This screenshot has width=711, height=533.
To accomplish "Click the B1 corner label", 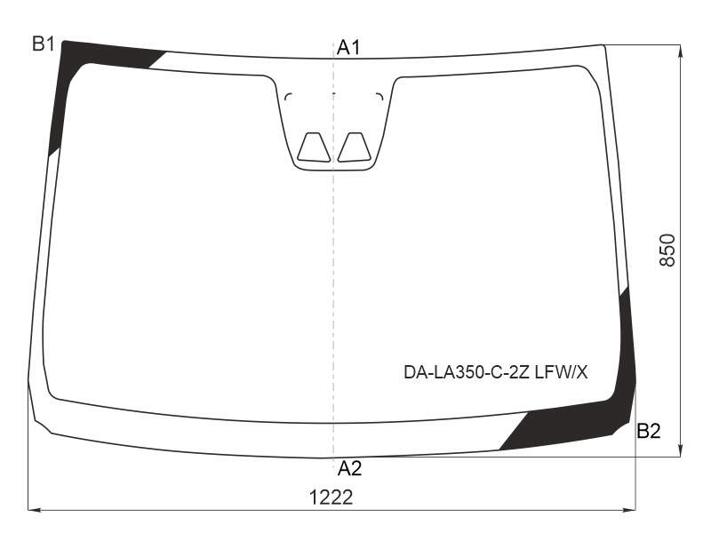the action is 44,44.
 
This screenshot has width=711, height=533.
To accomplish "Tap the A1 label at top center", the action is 348,48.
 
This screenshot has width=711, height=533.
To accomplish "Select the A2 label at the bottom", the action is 349,469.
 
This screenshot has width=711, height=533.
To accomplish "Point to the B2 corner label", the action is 649,431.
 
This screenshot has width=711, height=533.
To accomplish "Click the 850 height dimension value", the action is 667,251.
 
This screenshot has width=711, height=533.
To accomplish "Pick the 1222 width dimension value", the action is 331,497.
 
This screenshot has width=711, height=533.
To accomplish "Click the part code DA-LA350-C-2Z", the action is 467,372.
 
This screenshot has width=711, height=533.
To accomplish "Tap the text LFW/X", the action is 562,372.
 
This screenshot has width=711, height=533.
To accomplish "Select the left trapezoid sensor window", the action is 314,147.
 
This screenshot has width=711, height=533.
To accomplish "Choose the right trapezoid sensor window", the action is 354,147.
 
